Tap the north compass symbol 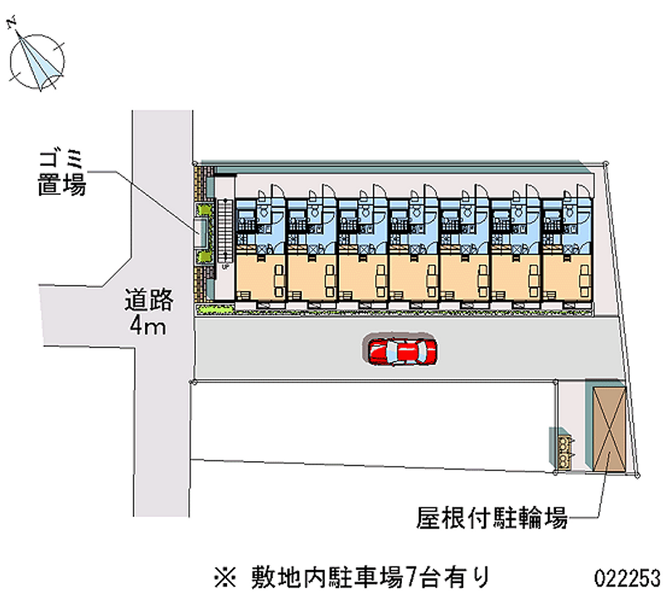pos(37,61)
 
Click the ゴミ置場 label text pos(62,173)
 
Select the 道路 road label pos(149,300)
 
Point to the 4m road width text pos(148,326)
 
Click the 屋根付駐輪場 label pos(491,517)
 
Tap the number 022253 pos(627,578)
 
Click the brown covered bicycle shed pos(609,429)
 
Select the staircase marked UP pos(225,234)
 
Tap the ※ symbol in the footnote pos(225,577)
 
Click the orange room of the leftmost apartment pos(260,277)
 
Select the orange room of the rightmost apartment pos(567,277)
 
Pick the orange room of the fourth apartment pos(414,277)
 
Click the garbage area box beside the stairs pos(201,232)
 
